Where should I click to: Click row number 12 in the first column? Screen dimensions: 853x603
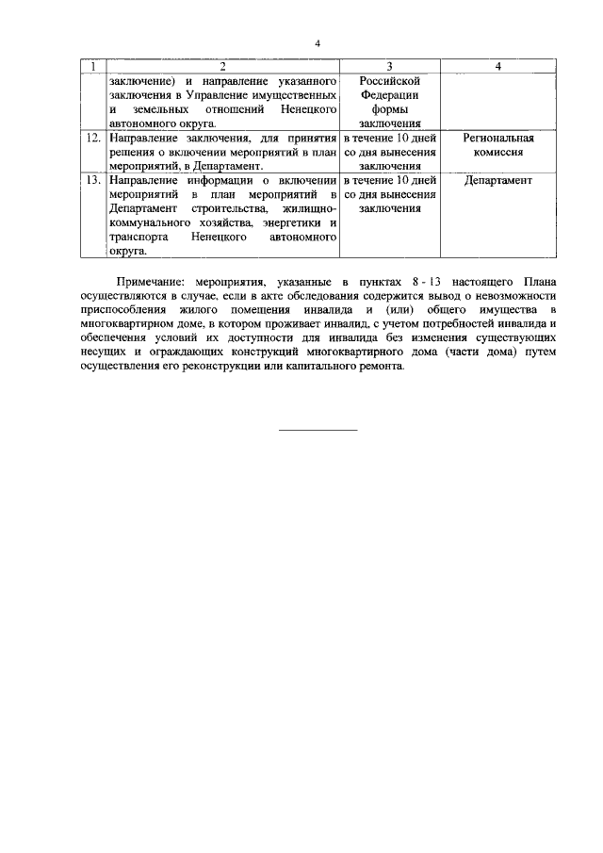tap(92, 138)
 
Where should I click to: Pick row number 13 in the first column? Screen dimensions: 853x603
tap(92, 180)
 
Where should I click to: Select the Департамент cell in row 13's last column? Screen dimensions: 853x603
tap(498, 180)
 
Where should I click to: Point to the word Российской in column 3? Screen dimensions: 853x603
tap(390, 81)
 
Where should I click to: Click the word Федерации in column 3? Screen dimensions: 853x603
tap(390, 95)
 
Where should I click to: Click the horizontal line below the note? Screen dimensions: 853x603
tap(318, 431)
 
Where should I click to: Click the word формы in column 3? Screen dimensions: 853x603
tap(390, 109)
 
